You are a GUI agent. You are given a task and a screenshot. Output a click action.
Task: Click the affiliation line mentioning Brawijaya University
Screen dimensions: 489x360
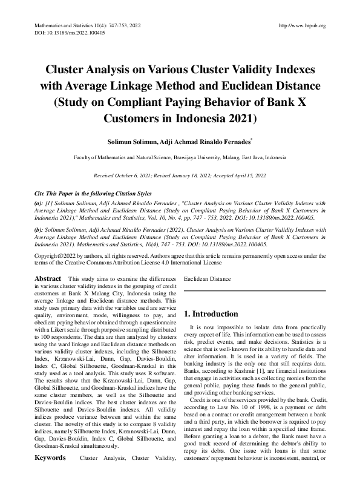[180, 157]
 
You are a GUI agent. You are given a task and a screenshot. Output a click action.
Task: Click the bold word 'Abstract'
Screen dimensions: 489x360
[47, 278]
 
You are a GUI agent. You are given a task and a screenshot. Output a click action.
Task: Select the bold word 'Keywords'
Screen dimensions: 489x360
[50, 475]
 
